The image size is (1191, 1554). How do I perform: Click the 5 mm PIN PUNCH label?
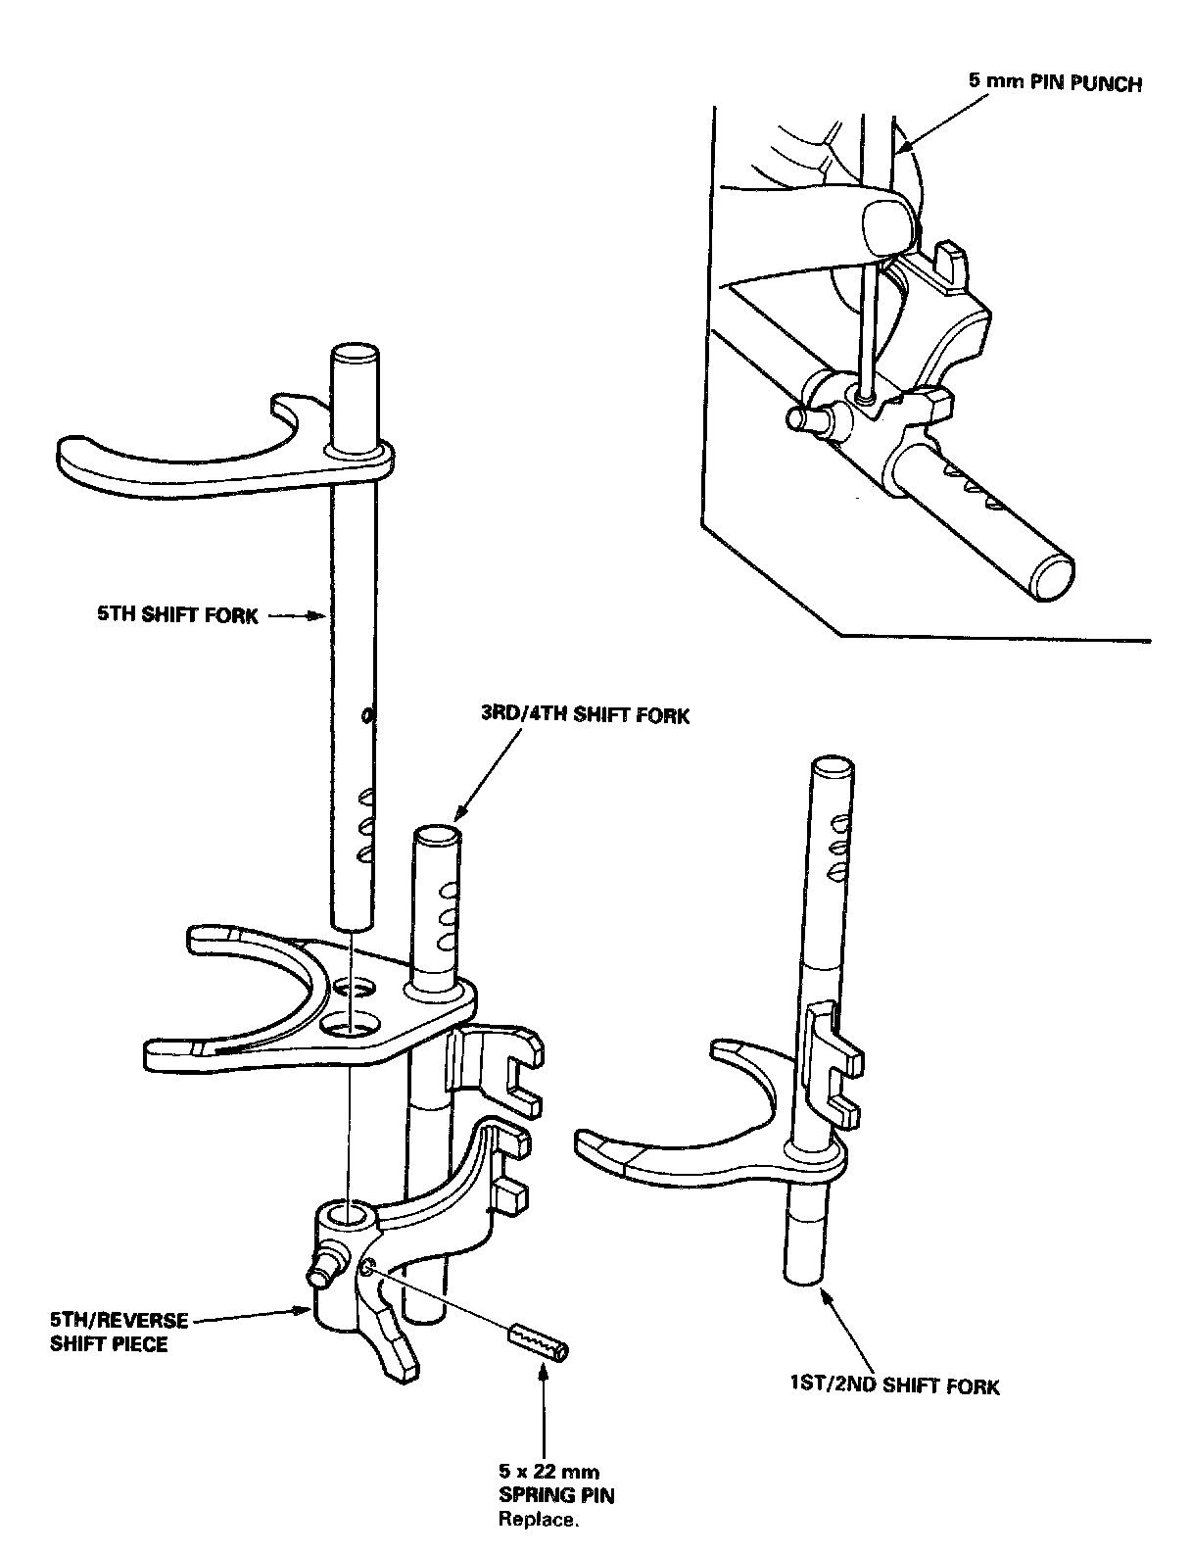[1055, 83]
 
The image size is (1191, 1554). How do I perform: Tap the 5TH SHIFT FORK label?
[177, 616]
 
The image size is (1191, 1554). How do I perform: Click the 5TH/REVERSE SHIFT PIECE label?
[119, 1333]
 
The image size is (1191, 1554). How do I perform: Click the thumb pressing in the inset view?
[887, 221]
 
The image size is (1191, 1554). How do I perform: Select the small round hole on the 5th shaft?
[366, 717]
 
